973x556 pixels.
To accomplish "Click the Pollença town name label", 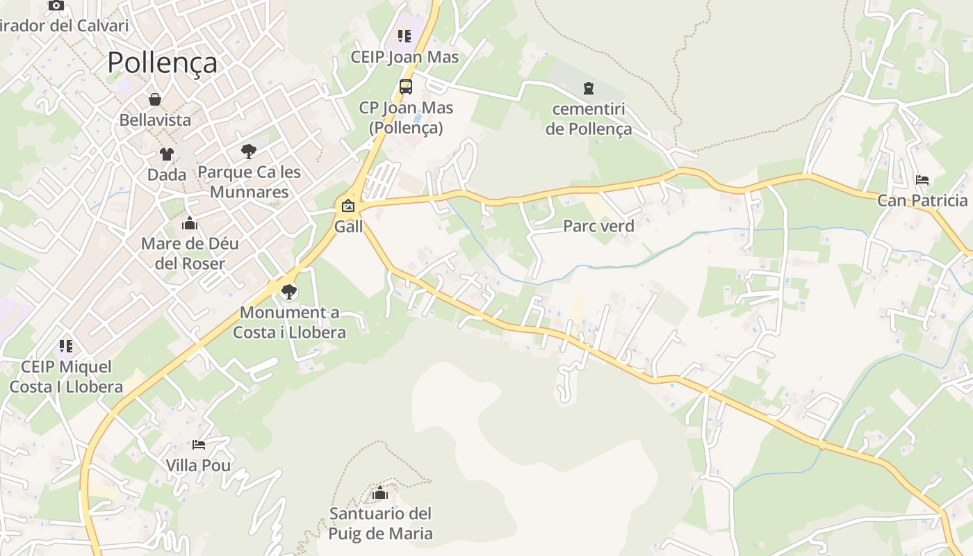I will (162, 63).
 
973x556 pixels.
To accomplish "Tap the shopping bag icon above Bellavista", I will (155, 99).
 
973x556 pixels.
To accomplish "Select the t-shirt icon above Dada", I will (166, 154).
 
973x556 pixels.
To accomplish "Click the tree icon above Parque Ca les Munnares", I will (248, 151).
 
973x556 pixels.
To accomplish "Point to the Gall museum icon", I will (347, 206).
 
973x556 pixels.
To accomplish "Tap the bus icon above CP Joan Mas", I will (405, 87).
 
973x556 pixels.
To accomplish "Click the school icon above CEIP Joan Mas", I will (404, 35).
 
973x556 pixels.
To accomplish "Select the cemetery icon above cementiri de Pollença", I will (589, 88).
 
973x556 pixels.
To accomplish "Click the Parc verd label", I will (598, 226).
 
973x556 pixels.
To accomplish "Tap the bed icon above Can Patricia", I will (922, 180).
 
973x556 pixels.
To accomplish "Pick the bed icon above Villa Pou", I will (199, 444).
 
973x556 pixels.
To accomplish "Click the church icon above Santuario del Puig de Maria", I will (380, 493).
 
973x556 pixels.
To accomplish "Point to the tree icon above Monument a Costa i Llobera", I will (289, 292).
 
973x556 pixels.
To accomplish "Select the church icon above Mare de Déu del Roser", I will (189, 223).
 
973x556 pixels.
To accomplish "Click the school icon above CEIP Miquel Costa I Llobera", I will (66, 345).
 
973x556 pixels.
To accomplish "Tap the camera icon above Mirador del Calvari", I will (56, 6).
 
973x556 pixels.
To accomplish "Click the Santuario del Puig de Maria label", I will (380, 523).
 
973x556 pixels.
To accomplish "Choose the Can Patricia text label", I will (922, 201).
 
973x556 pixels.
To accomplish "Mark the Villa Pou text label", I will (198, 465).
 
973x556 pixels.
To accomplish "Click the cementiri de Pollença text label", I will (589, 119).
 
